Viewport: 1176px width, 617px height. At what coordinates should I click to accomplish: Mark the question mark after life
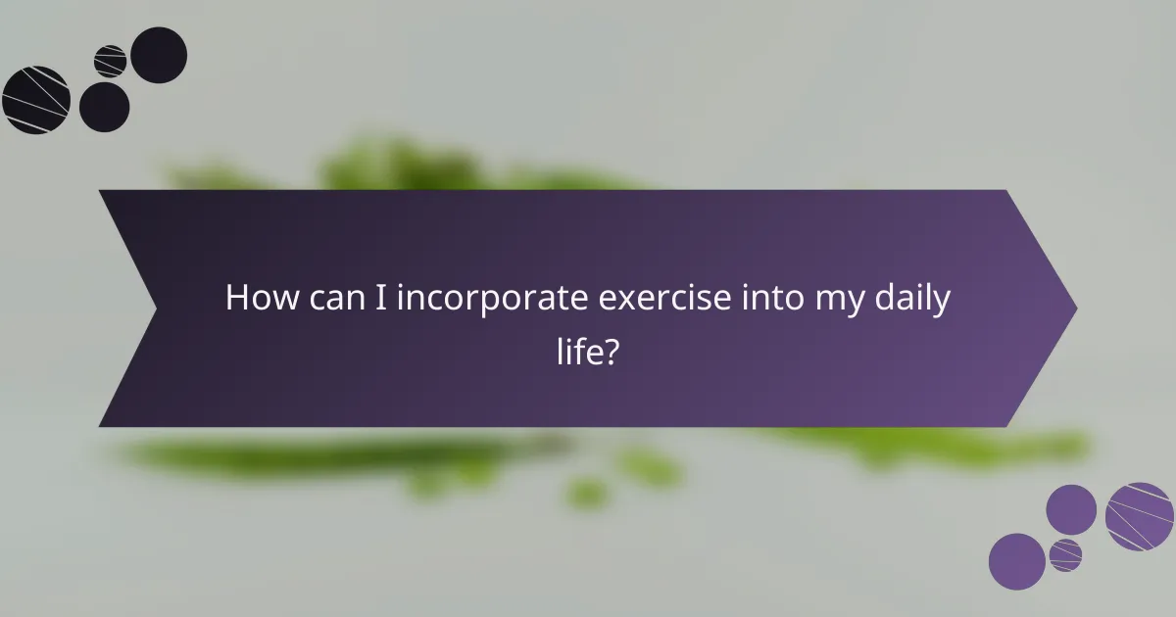point(612,351)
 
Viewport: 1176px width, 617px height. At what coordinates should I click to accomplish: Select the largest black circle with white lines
point(35,100)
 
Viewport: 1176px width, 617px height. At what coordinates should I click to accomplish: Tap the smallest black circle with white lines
point(110,61)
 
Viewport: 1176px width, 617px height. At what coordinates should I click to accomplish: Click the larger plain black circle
point(159,55)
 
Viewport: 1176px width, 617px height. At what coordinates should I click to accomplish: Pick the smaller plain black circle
point(104,107)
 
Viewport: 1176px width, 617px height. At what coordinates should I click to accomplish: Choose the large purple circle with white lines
point(1140,516)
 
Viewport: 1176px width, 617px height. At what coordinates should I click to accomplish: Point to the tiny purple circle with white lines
point(1065,554)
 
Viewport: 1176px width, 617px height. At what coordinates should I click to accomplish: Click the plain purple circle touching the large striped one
point(1071,509)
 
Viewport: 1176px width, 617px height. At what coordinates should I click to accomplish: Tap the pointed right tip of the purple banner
point(1075,308)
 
